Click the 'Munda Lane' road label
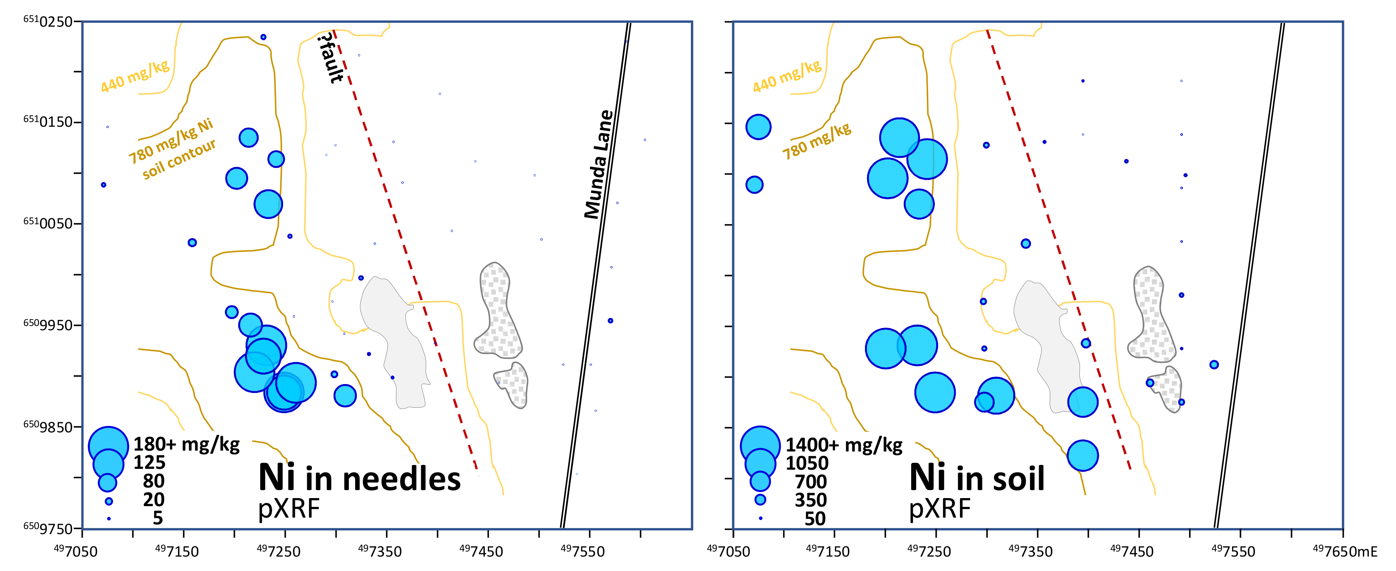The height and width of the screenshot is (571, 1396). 598,164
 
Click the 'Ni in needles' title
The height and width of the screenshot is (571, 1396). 359,478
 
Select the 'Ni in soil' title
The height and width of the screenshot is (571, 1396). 976,478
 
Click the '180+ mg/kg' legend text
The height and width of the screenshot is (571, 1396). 186,444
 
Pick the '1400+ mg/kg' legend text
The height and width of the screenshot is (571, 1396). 844,445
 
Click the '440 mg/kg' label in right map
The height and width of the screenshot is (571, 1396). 787,76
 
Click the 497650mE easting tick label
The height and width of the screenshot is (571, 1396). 1344,552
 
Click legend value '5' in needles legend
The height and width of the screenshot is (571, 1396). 158,518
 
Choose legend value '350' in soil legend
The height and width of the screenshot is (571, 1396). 810,500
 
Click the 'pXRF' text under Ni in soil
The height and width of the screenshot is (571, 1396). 939,509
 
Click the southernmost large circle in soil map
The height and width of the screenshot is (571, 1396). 1082,455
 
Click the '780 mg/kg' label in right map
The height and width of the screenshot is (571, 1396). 817,141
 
